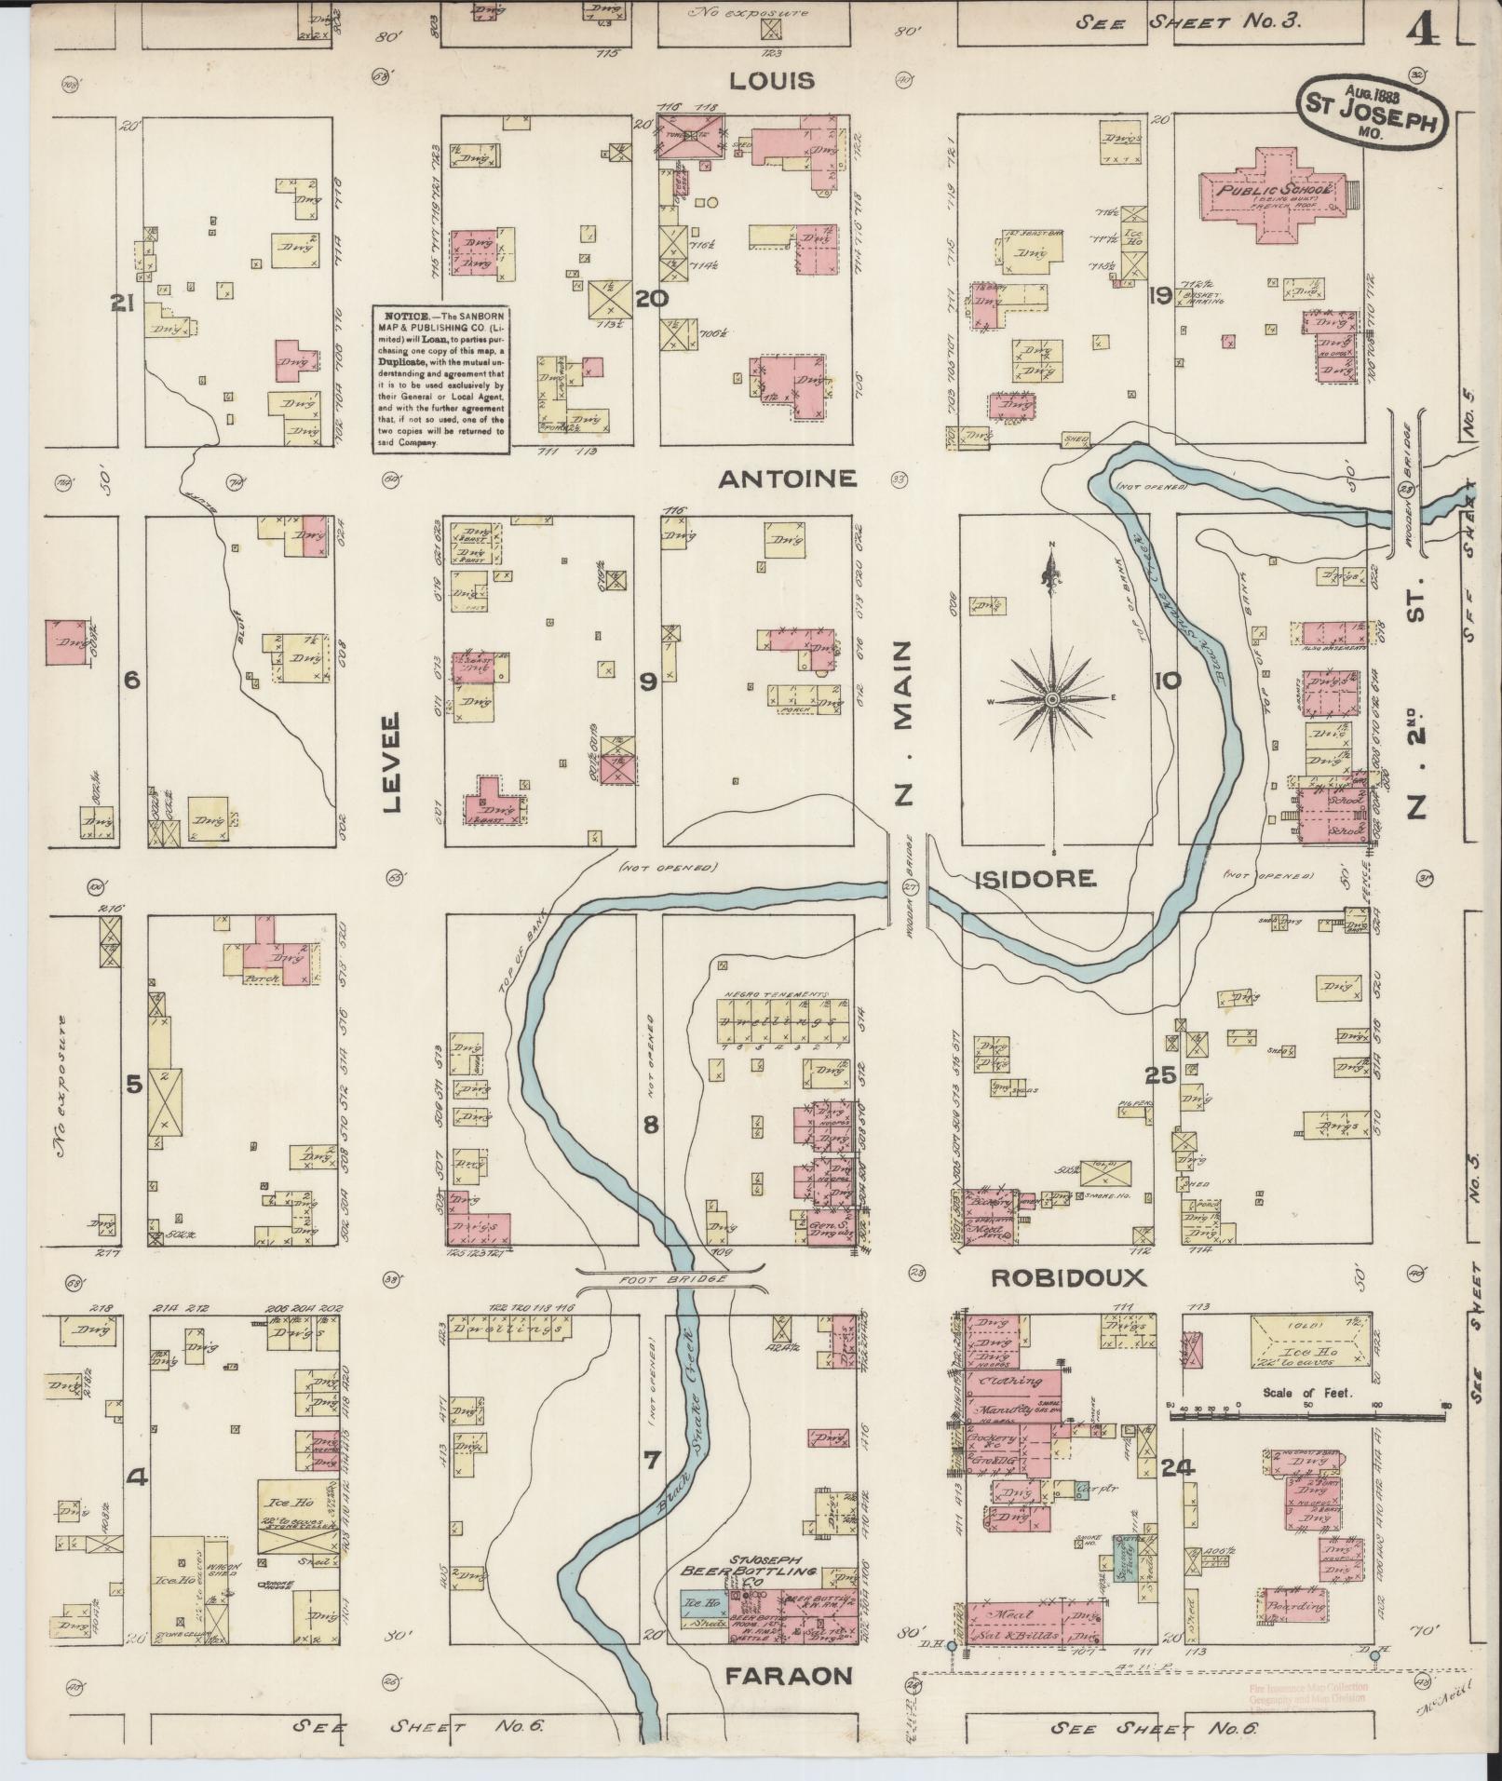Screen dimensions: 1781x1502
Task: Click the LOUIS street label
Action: click(x=771, y=81)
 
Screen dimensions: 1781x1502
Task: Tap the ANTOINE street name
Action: click(x=787, y=479)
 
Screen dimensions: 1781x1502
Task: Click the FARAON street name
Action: click(x=789, y=1677)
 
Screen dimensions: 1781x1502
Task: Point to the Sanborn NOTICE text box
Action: click(x=441, y=380)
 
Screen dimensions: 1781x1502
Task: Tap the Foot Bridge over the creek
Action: click(x=670, y=1281)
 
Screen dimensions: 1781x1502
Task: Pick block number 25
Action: click(x=1160, y=1075)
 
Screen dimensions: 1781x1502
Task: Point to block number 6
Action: click(x=131, y=681)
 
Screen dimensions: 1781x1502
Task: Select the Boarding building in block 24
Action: click(x=1296, y=1606)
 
